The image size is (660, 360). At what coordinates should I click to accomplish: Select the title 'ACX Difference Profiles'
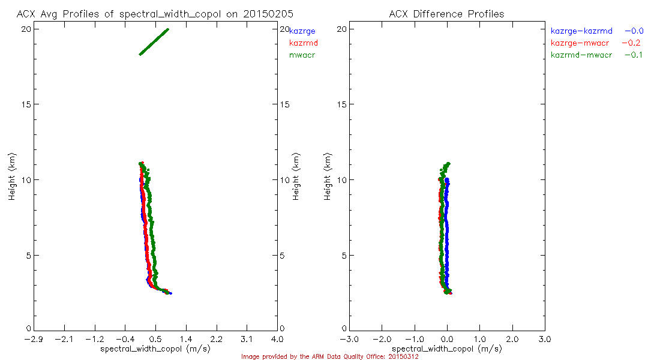[x=446, y=14]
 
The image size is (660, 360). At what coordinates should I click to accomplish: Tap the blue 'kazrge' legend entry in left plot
[x=302, y=31]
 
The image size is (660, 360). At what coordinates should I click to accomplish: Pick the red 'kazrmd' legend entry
[x=304, y=43]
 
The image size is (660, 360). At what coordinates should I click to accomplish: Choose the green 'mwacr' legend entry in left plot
[x=302, y=55]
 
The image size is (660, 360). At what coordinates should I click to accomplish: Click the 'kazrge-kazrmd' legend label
[x=581, y=31]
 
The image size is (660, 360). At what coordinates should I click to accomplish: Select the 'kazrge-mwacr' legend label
[x=580, y=43]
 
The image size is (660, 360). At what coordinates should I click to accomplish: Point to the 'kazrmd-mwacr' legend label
[x=581, y=55]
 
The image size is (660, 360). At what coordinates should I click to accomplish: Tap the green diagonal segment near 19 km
[x=154, y=41]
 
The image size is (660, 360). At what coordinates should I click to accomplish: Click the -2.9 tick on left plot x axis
[x=34, y=339]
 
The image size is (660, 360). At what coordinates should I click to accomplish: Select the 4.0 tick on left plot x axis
[x=277, y=339]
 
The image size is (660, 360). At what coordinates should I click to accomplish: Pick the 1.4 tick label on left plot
[x=186, y=339]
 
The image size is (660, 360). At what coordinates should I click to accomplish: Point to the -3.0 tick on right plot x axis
[x=349, y=339]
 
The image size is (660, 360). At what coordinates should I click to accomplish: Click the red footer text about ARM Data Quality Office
[x=329, y=356]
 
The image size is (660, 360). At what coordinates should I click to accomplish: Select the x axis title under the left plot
[x=155, y=349]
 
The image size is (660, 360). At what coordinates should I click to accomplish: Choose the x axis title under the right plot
[x=447, y=349]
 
